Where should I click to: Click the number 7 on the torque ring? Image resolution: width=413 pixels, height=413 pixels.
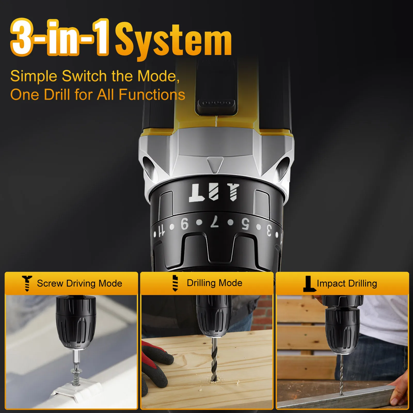[x=215, y=221]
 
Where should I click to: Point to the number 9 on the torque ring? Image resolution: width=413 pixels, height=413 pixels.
[x=185, y=224]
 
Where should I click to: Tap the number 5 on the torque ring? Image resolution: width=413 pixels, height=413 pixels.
[x=245, y=224]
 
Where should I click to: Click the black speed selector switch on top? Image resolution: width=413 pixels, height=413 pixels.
[x=216, y=86]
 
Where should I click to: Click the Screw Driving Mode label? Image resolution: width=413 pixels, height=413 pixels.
[x=80, y=283]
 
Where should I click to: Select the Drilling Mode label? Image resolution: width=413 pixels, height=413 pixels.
[x=215, y=283]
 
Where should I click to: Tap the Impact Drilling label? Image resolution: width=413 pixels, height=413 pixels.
[x=347, y=283]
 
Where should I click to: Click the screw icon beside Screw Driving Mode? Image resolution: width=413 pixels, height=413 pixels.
[x=27, y=283]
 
